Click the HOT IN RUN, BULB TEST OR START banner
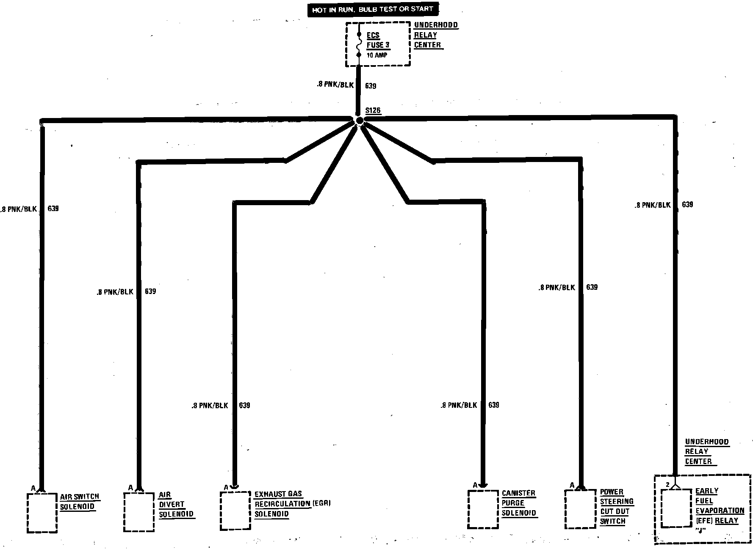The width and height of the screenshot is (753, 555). click(373, 10)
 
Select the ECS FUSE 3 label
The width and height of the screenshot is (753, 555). click(378, 40)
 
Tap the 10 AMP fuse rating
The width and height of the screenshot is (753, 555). click(376, 55)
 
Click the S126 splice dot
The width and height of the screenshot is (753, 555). click(360, 121)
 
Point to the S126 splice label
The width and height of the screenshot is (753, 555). click(373, 111)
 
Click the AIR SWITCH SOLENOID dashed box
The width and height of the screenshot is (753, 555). click(42, 512)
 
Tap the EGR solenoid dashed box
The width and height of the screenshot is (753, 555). click(235, 511)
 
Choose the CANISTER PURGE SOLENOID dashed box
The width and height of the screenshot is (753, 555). click(483, 509)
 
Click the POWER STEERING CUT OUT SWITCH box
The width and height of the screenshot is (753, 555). click(580, 509)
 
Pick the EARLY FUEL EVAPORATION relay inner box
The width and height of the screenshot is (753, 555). click(677, 508)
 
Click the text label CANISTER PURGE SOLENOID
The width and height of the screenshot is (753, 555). click(519, 503)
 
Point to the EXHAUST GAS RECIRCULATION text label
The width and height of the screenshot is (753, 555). click(292, 504)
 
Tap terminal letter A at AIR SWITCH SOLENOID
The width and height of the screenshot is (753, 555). click(33, 488)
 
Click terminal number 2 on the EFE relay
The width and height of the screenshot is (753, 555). click(667, 485)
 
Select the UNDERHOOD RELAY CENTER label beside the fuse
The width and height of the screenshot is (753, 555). click(435, 35)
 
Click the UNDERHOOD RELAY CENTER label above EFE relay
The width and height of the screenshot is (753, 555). click(706, 451)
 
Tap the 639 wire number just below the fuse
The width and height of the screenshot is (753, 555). click(371, 86)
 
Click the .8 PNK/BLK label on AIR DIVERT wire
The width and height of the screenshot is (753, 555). click(116, 292)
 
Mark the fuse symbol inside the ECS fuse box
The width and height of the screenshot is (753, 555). click(359, 44)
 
